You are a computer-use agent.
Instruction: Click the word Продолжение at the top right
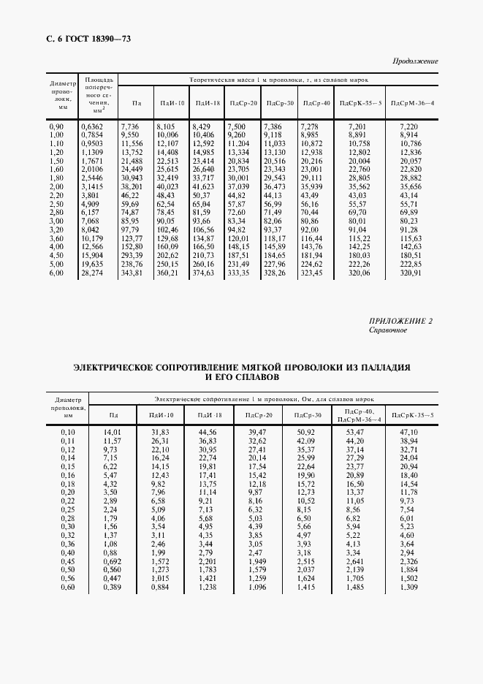[x=415, y=61]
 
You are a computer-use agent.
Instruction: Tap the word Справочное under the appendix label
[x=389, y=330]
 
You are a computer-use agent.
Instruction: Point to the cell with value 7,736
[x=129, y=126]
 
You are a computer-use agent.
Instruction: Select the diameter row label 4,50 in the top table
[x=56, y=256]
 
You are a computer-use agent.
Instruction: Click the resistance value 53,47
[x=354, y=433]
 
